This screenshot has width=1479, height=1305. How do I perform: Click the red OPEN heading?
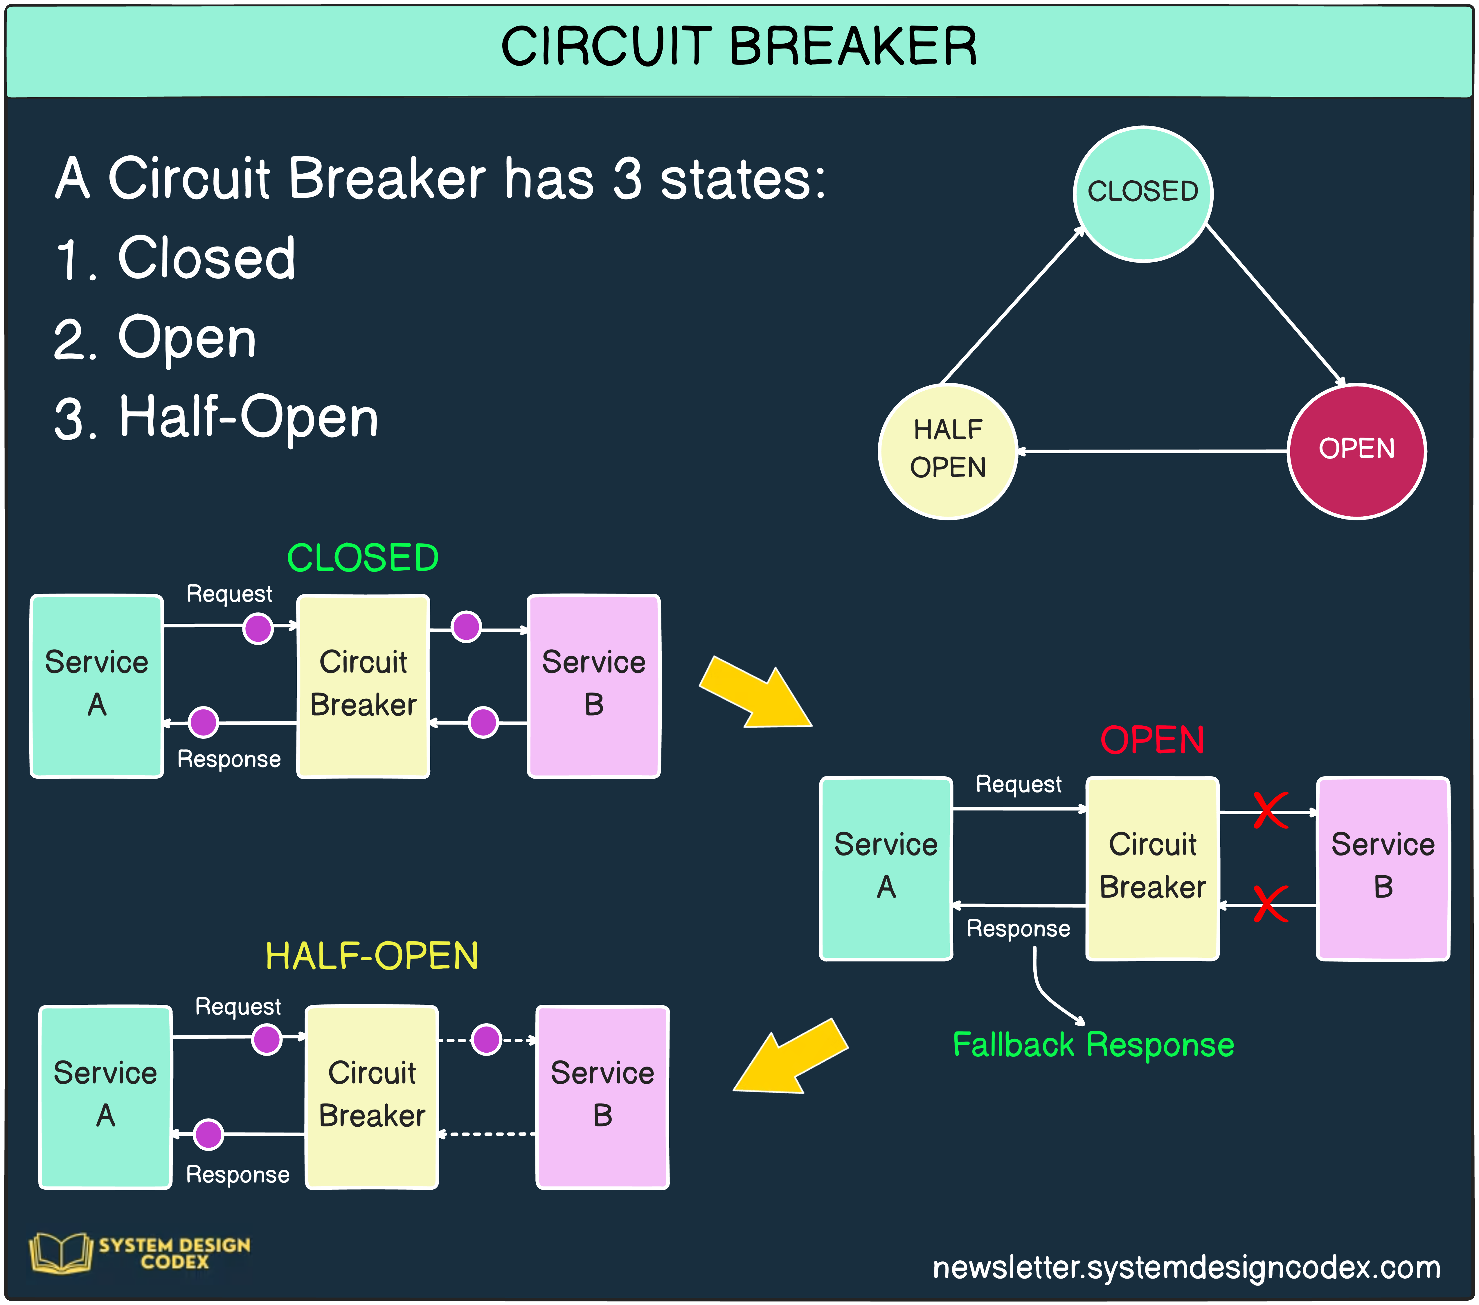click(x=1152, y=740)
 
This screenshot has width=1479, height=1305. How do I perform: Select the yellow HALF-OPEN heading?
click(x=372, y=956)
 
